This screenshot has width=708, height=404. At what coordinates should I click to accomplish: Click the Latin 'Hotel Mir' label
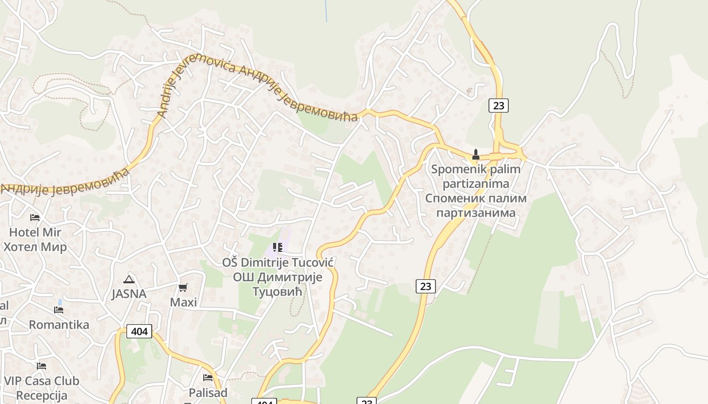(x=35, y=233)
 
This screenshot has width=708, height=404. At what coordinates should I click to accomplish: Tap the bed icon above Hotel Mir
(x=35, y=218)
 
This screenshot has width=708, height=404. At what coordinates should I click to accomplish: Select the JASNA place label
(x=129, y=294)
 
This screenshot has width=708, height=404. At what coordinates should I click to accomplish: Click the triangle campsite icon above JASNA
(x=129, y=279)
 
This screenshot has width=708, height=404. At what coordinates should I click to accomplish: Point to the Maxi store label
(x=183, y=302)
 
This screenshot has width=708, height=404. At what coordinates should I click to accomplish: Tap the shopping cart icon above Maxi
(x=183, y=287)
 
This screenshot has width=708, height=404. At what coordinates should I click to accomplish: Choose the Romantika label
(x=59, y=325)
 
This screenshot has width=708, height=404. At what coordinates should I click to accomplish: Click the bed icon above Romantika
(x=59, y=310)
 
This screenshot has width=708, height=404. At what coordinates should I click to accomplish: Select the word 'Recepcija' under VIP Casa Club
(x=41, y=395)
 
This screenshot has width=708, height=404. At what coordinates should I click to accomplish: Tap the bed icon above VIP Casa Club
(x=41, y=366)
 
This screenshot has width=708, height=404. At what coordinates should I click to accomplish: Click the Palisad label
(x=208, y=392)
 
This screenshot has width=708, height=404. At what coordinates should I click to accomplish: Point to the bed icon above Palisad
(x=208, y=378)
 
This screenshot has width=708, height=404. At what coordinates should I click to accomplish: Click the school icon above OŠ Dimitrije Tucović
(x=277, y=247)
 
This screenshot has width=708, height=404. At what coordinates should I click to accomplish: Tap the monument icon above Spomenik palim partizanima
(x=475, y=154)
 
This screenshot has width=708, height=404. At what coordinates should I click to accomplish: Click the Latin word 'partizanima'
(x=475, y=183)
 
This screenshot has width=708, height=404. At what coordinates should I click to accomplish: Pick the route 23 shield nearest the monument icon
(x=499, y=106)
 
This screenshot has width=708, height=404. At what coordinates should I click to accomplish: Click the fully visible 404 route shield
(x=139, y=331)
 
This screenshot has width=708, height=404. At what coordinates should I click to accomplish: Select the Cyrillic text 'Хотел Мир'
(x=35, y=247)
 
